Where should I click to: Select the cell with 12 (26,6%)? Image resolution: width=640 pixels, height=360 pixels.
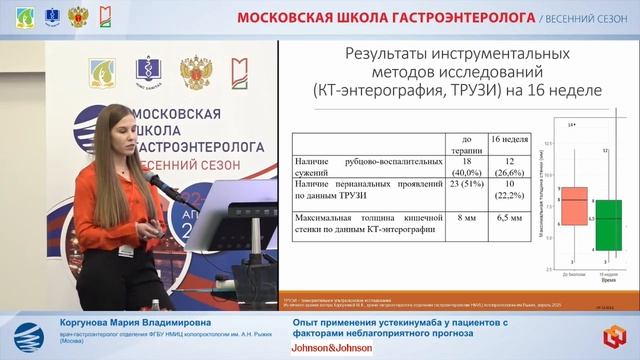509,165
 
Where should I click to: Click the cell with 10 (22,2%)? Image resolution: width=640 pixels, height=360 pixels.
509,190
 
